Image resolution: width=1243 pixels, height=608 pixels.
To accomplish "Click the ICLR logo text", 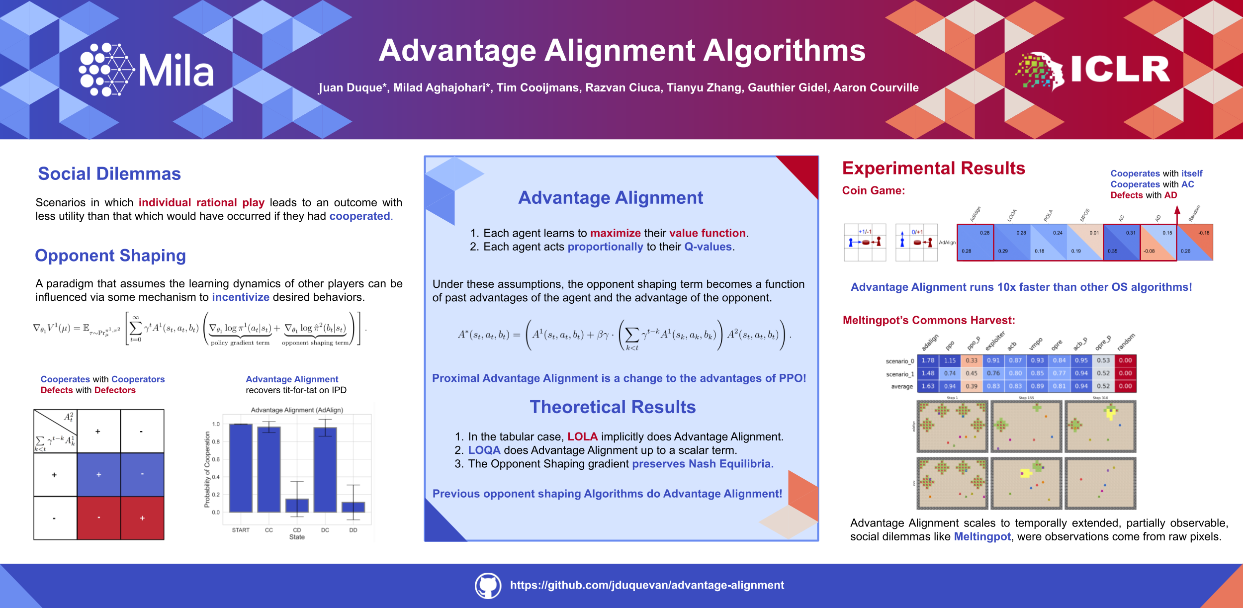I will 1120,69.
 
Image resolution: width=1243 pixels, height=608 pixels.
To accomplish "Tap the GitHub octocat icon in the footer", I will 488,585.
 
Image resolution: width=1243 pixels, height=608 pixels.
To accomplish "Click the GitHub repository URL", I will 647,585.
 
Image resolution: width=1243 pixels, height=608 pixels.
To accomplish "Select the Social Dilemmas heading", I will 109,174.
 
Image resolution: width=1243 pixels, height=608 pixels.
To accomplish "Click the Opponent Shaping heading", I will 110,255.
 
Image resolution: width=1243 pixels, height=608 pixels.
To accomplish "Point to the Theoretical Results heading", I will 613,407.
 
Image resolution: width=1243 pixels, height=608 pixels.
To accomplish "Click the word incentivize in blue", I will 241,297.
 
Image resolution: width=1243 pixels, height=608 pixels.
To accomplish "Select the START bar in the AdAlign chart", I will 241,467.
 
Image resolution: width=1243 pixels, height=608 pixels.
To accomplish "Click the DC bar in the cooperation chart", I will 325,469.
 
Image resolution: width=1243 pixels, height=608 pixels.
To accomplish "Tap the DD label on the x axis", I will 353,530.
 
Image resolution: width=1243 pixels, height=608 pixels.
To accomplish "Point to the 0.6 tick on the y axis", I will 216,459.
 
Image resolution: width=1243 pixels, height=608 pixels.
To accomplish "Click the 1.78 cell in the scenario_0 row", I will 928,360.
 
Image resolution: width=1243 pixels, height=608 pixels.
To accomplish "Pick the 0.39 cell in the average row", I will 972,386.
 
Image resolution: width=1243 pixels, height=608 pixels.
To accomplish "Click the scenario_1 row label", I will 899,374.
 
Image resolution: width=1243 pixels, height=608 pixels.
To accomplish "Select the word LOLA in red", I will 582,436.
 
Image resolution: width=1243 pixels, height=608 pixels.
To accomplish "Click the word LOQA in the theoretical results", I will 484,450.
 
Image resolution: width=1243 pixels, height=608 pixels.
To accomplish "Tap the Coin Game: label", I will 874,190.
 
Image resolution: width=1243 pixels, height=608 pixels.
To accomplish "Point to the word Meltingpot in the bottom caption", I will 982,537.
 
